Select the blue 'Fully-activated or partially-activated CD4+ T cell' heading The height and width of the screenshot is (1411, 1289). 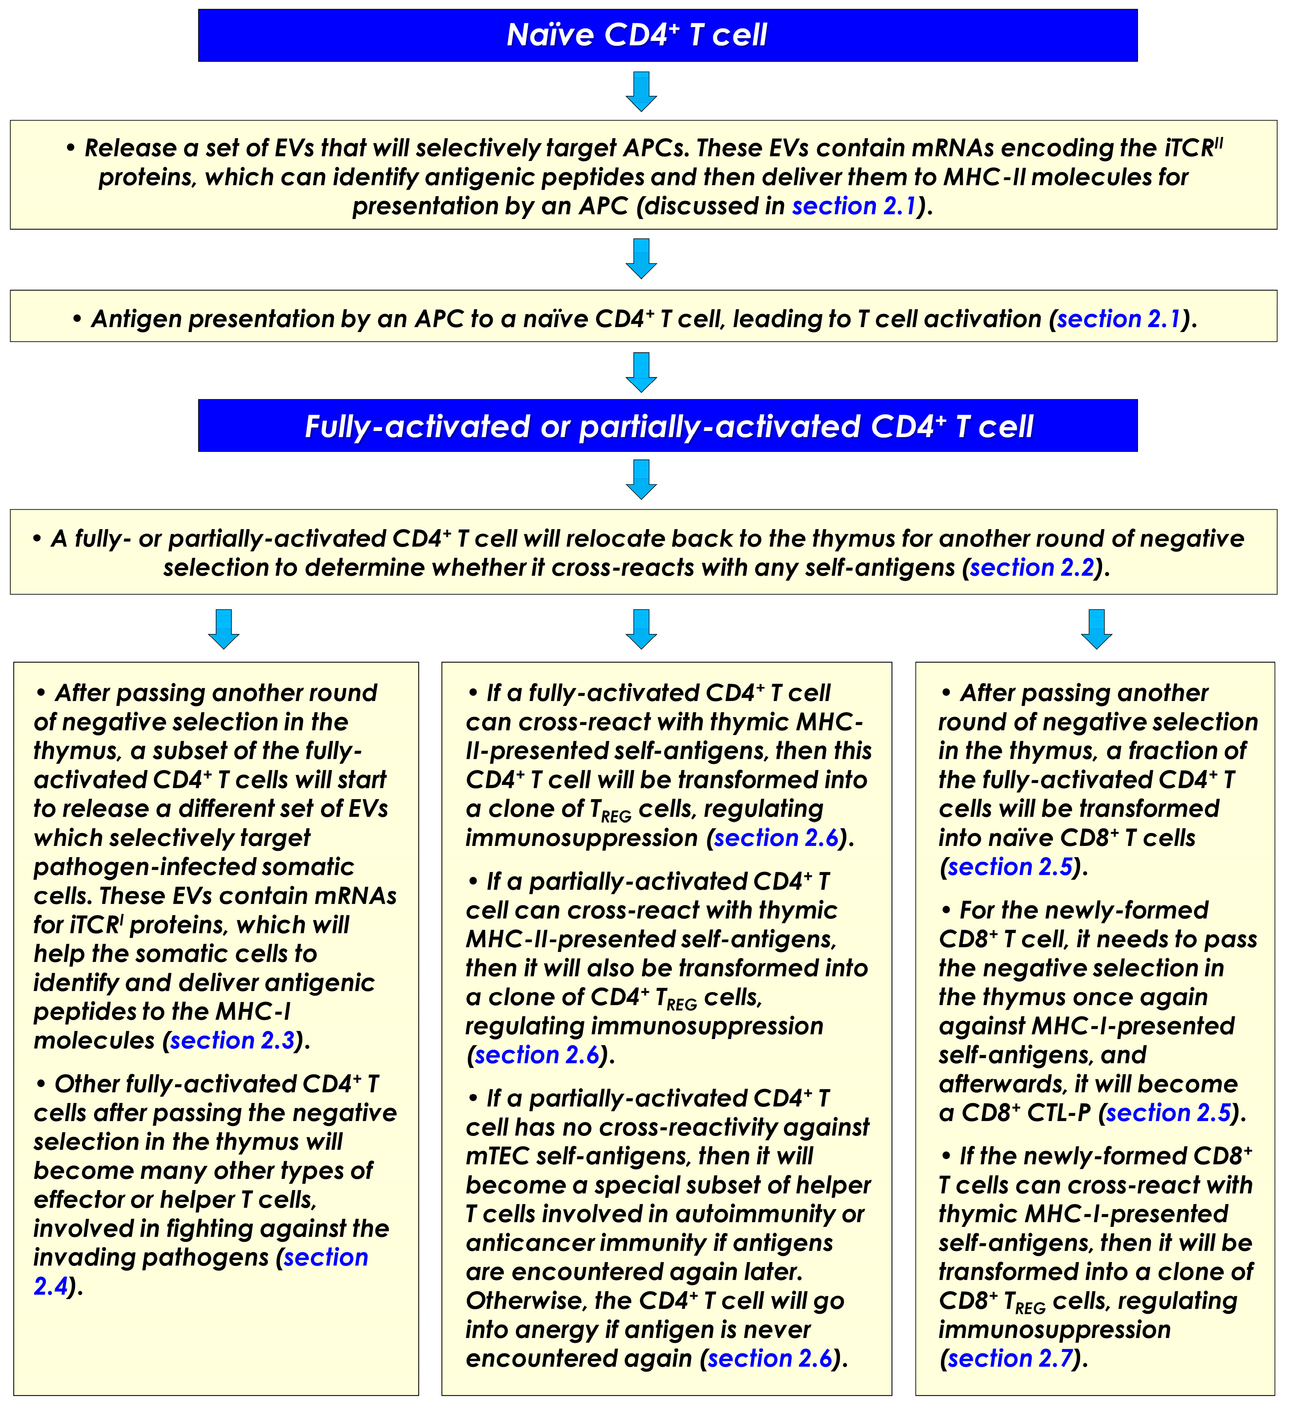[668, 426]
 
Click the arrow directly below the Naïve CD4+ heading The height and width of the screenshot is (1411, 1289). [641, 91]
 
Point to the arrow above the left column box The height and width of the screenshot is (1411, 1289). [224, 628]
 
